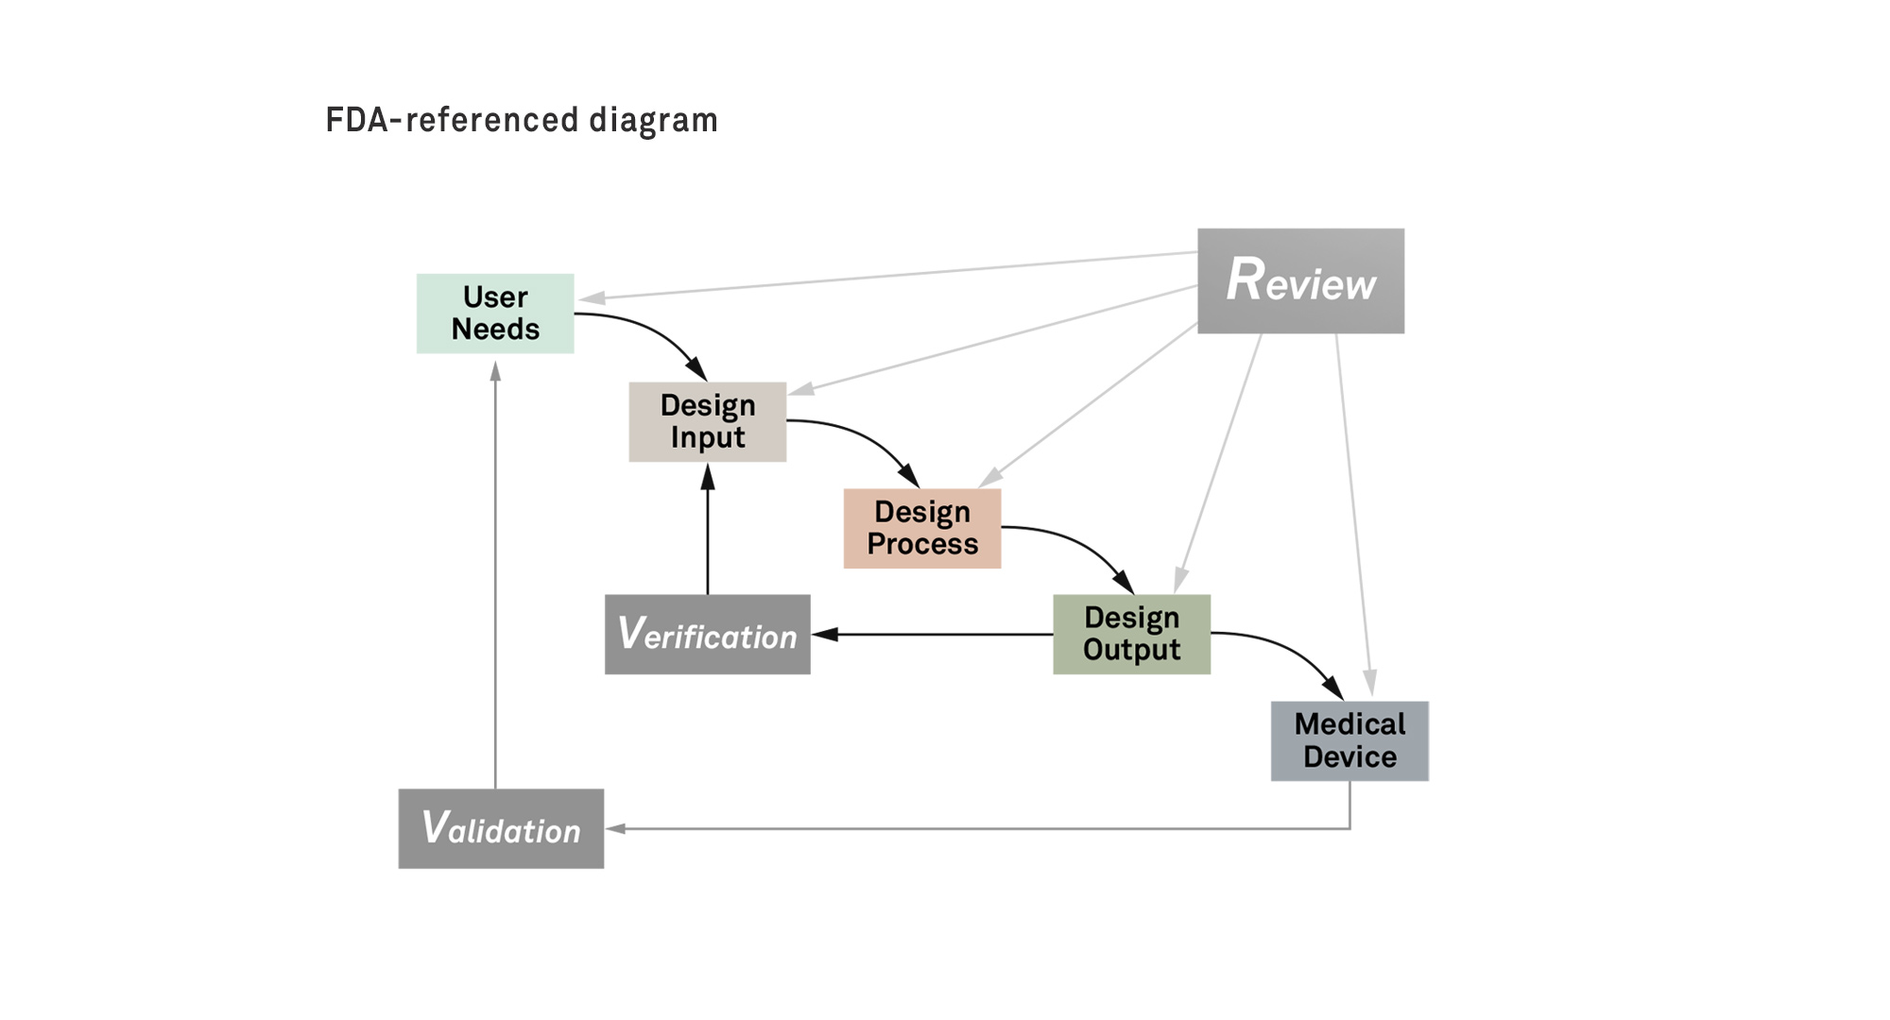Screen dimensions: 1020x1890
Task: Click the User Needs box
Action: [495, 314]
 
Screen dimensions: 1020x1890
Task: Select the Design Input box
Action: [707, 421]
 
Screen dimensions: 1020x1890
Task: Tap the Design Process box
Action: [921, 528]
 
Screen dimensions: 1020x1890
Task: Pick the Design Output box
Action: [1131, 634]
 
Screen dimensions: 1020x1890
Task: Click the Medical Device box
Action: [1349, 740]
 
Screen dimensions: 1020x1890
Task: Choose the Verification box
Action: [707, 635]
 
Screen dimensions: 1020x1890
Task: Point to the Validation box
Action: [501, 828]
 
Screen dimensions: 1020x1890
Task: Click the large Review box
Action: [1300, 280]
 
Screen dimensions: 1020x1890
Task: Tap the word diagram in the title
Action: [653, 121]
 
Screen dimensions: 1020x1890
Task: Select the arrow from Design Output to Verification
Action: [936, 635]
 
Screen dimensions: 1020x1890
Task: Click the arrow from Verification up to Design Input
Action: [708, 534]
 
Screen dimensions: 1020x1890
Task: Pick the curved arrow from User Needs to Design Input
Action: [652, 330]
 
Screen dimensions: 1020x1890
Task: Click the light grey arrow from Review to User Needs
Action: [888, 275]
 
